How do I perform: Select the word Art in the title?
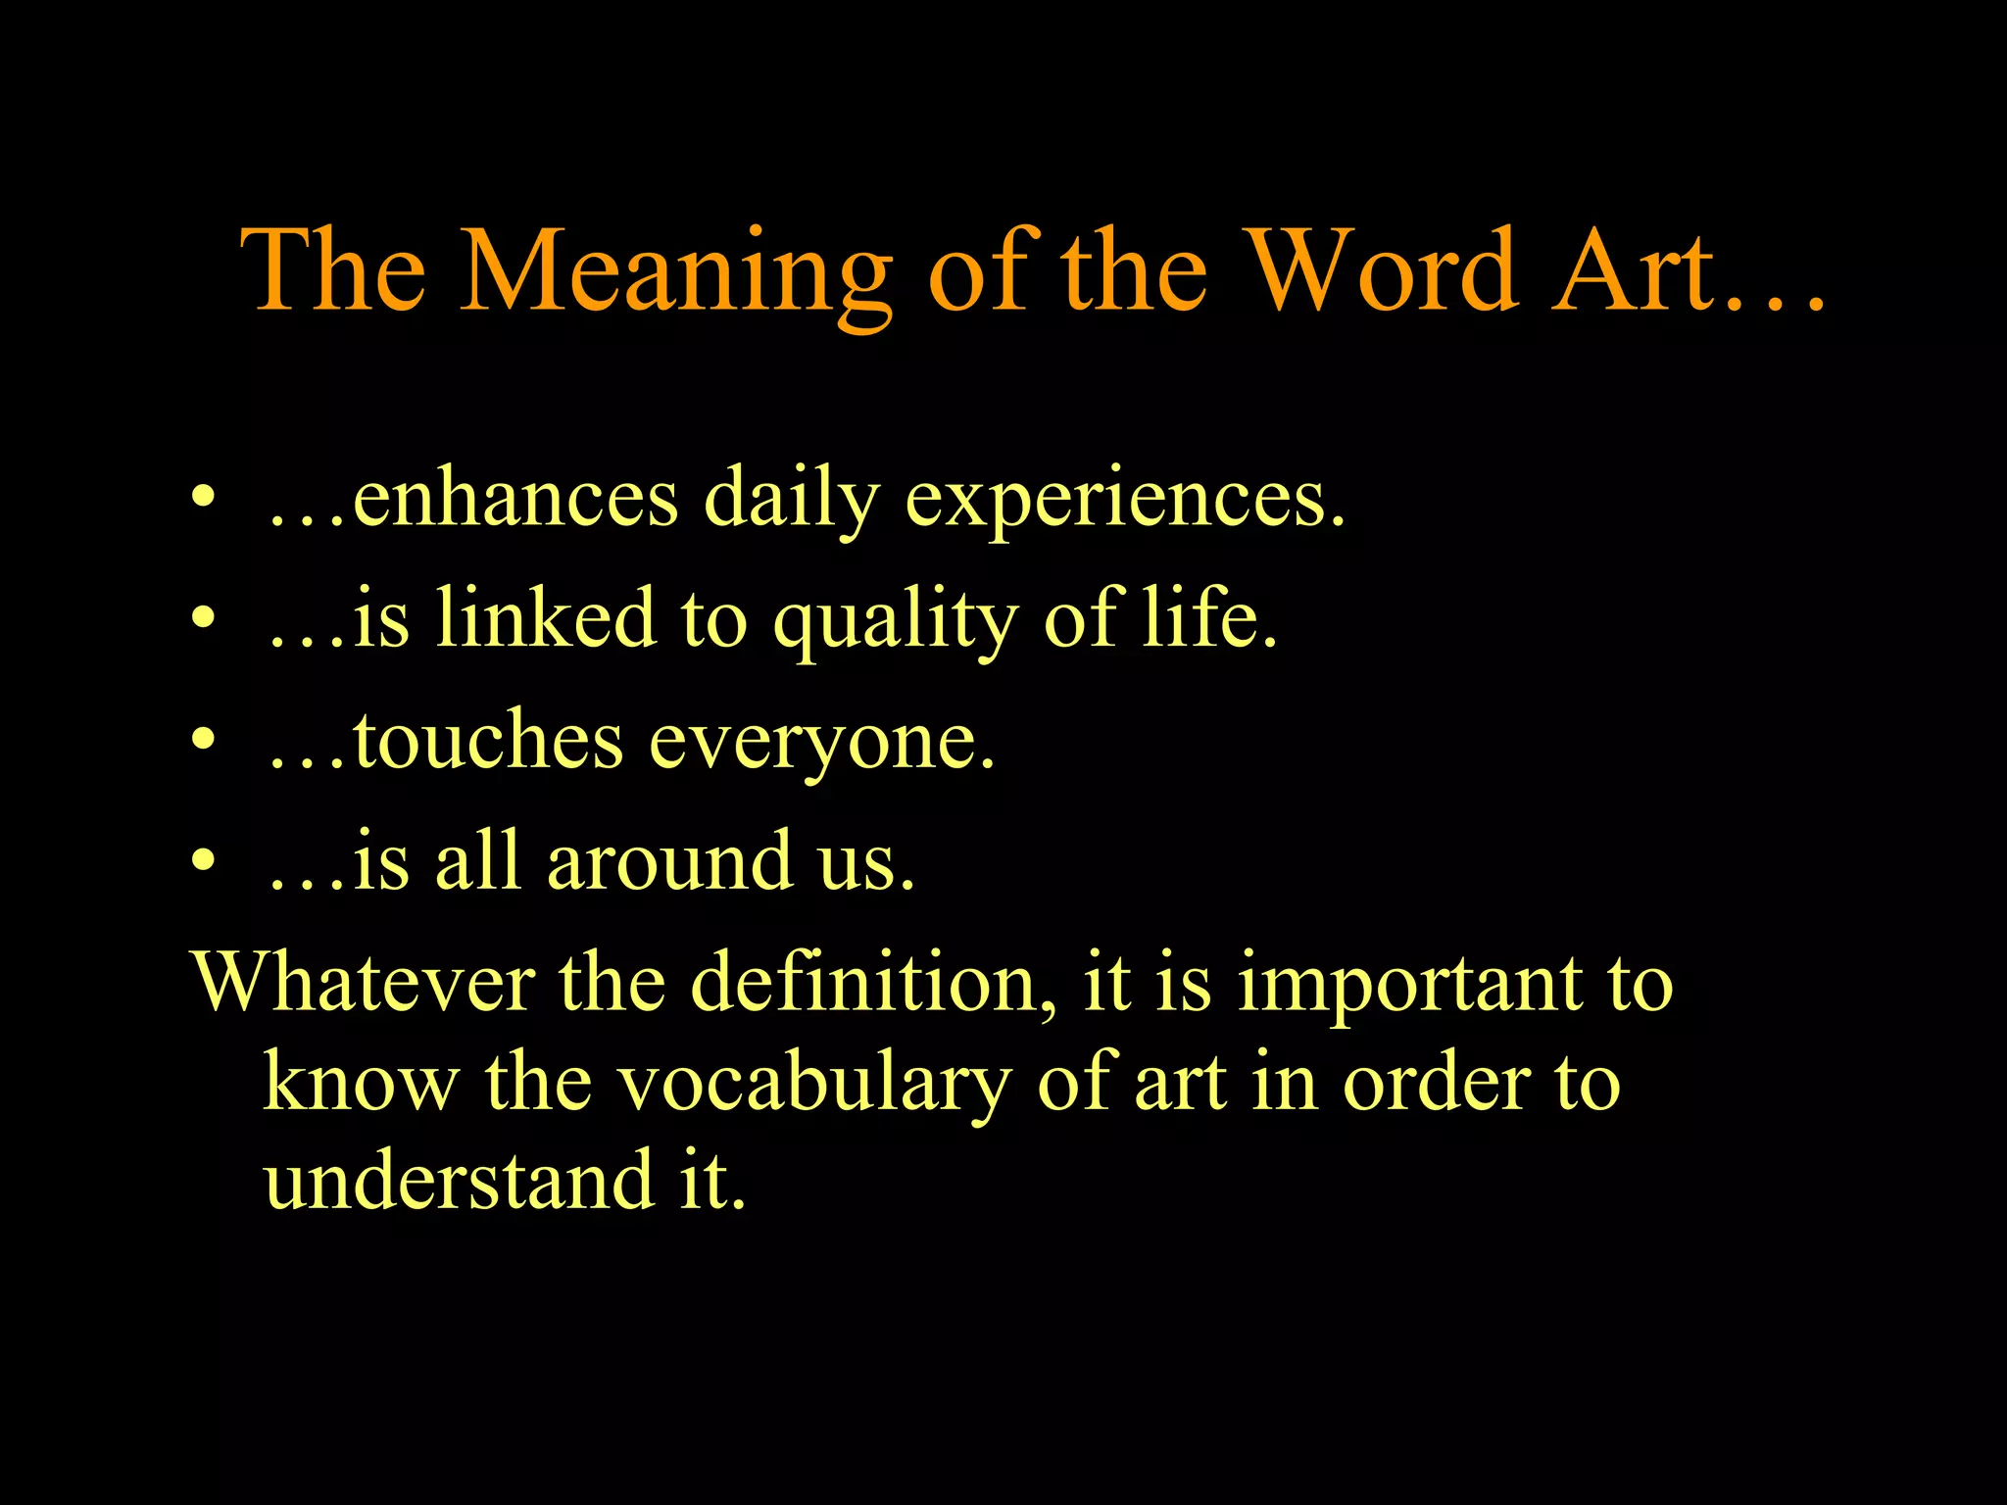(1637, 272)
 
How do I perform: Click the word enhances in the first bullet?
(515, 500)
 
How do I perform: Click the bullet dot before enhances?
(203, 498)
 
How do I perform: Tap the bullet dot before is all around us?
(203, 860)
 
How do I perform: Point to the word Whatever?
(364, 982)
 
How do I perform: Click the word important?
(1409, 984)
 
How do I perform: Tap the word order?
(1437, 1084)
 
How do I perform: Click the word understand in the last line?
(459, 1180)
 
